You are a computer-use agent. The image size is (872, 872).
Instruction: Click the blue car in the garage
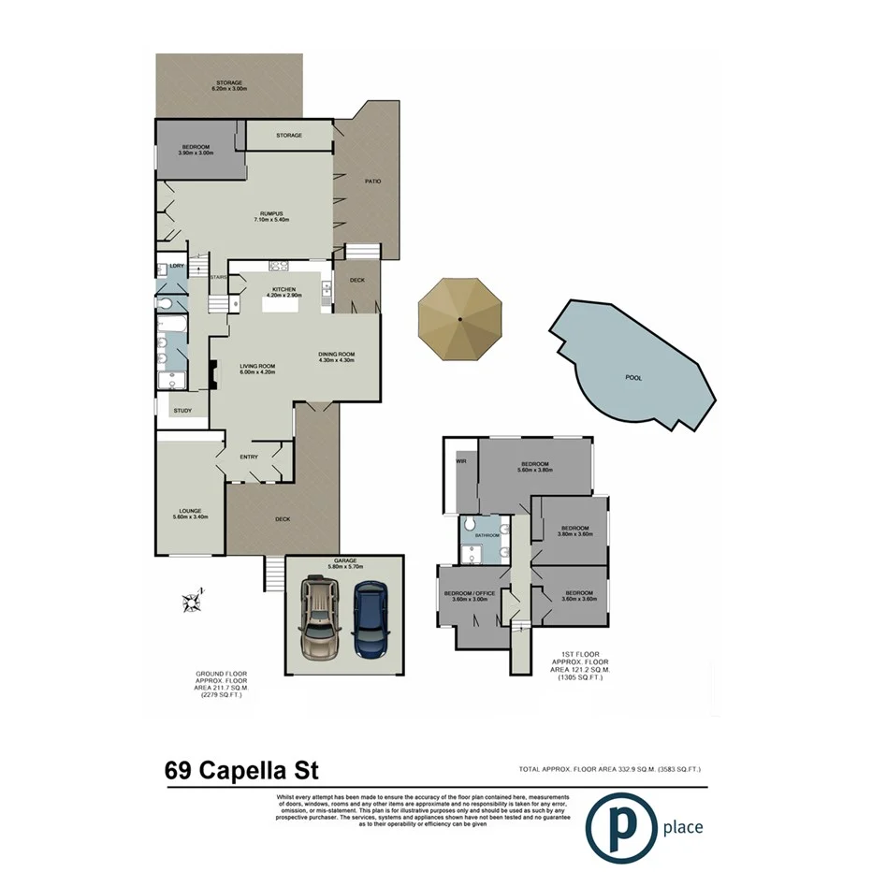371,620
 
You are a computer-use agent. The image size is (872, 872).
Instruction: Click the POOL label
637,378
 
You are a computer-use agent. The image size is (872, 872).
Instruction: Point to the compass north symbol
193,601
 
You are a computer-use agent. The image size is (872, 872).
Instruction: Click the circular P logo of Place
620,827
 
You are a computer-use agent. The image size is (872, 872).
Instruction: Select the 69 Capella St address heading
241,771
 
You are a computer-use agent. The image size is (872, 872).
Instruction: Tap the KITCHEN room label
283,290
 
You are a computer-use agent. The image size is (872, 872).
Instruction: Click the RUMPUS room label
272,214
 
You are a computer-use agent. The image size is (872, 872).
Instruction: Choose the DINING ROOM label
337,354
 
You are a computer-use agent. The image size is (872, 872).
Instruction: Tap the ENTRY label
249,457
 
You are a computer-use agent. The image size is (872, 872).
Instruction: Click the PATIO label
372,181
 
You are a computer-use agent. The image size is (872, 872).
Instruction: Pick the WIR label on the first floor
460,461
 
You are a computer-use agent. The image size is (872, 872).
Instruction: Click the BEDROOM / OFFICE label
469,593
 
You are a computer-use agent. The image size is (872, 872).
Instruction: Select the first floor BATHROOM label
487,536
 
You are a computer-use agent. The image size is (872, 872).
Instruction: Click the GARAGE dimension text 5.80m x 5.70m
347,568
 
